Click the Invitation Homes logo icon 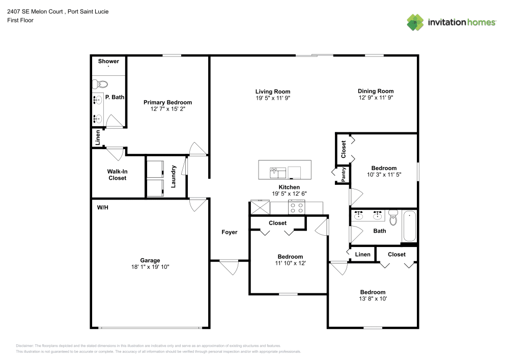click(415, 22)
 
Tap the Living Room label click(273, 92)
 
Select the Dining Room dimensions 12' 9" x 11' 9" click(376, 97)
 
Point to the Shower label click(108, 61)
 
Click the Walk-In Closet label click(117, 175)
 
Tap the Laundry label click(174, 176)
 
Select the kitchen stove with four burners click(296, 207)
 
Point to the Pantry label click(344, 175)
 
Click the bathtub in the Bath click(409, 227)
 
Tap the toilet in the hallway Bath click(392, 218)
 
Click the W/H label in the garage click(102, 208)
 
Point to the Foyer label click(230, 232)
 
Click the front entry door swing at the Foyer click(230, 267)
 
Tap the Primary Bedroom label click(167, 102)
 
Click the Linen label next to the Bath click(362, 255)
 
